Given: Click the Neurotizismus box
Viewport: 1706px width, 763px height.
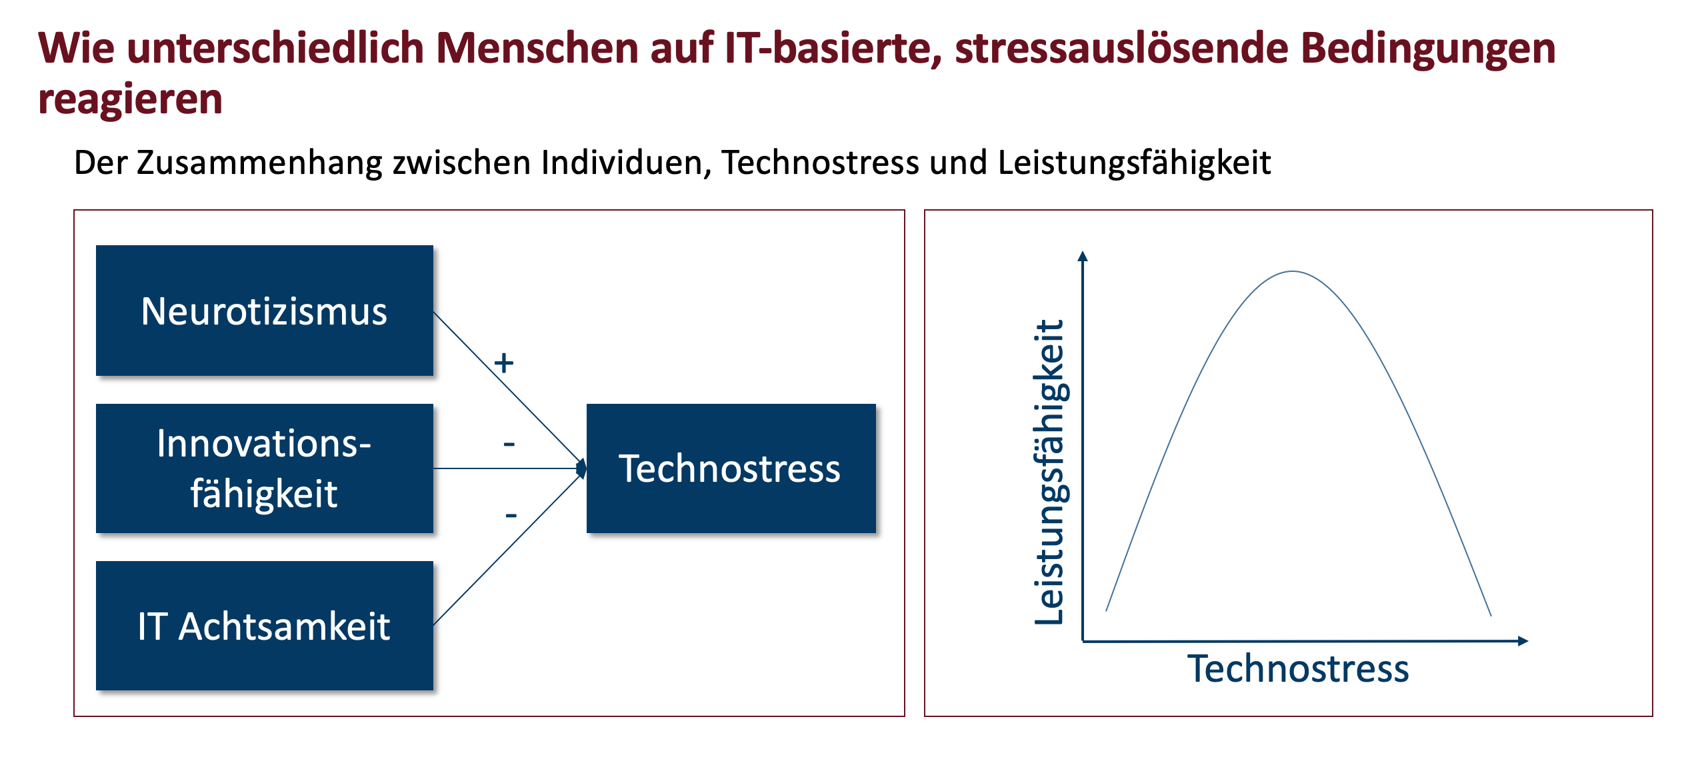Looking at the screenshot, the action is pyautogui.click(x=265, y=311).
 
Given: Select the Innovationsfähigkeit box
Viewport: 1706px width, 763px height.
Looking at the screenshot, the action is pyautogui.click(x=265, y=468).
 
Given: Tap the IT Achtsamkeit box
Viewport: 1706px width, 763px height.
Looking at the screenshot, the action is pyautogui.click(x=265, y=626).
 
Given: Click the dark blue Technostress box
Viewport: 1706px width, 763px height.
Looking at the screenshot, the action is pyautogui.click(x=731, y=468).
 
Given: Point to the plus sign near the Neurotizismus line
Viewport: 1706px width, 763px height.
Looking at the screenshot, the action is pyautogui.click(x=504, y=363).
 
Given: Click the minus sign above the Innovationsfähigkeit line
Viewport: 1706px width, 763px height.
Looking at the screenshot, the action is pyautogui.click(x=509, y=444).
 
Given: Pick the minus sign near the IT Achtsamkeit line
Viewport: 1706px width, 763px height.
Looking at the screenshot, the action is pyautogui.click(x=511, y=515).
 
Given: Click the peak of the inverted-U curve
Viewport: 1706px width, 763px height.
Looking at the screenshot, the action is pyautogui.click(x=1293, y=271).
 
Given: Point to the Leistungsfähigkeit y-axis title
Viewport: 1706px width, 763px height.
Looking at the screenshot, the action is pyautogui.click(x=1051, y=472).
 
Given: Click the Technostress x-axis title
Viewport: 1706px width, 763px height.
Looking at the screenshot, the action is pyautogui.click(x=1298, y=668).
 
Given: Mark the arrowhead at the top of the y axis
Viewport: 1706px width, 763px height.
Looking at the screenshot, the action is pyautogui.click(x=1083, y=256).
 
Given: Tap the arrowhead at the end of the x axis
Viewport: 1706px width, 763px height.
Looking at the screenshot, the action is pyautogui.click(x=1523, y=641).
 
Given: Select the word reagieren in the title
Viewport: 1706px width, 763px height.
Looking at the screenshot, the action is pyautogui.click(x=130, y=100).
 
